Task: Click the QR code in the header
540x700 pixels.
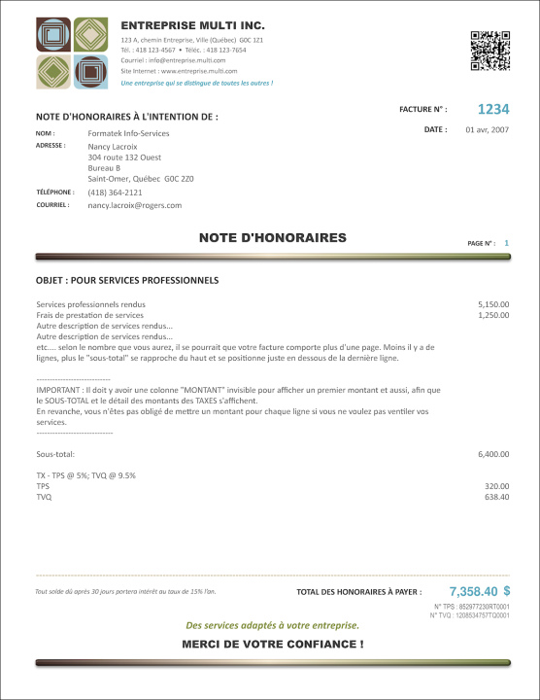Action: coord(490,52)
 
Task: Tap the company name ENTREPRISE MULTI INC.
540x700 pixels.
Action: coord(192,24)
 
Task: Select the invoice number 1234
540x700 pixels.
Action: coord(493,110)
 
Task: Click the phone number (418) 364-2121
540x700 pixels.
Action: coord(115,192)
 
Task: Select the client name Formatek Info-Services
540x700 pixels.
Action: coord(128,133)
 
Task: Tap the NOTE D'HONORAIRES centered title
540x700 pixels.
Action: coord(272,237)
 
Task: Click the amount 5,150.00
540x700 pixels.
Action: coord(493,304)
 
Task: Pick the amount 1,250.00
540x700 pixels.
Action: coord(493,315)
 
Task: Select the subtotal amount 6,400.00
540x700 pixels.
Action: coord(493,454)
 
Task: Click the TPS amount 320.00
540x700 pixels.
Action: coord(497,486)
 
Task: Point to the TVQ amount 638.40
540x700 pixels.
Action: coord(497,497)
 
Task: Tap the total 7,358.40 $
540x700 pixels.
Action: coord(480,591)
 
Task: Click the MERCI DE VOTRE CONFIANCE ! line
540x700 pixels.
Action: coord(272,645)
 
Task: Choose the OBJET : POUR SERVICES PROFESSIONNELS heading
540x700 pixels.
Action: coord(127,281)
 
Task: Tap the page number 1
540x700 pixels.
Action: coord(506,242)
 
